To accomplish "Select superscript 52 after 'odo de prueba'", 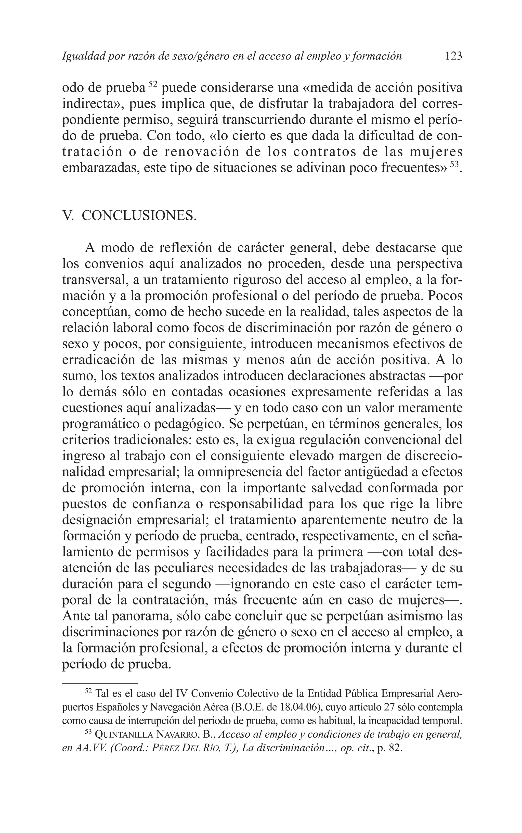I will pyautogui.click(x=153, y=84).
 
